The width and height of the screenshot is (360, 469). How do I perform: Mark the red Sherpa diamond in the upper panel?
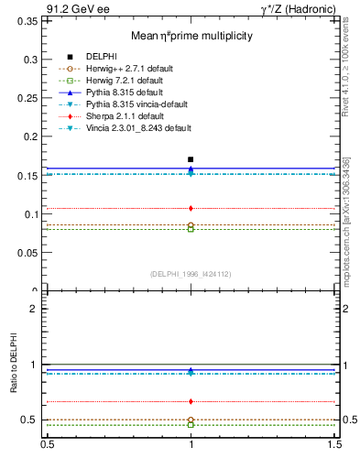[191, 209]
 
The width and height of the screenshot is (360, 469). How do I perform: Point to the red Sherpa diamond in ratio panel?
[191, 401]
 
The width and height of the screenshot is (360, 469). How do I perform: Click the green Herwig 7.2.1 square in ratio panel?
[191, 425]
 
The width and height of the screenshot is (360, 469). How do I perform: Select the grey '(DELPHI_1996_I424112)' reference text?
[191, 272]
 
